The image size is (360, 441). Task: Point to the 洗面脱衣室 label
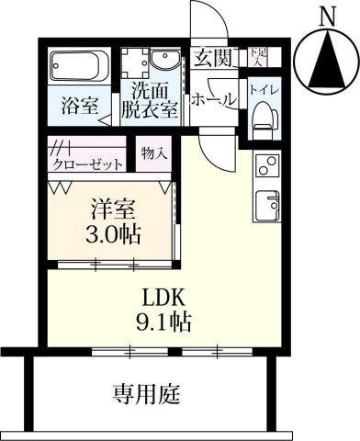[152, 100]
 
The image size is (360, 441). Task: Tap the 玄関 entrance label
[211, 60]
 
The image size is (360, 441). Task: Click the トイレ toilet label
[264, 91]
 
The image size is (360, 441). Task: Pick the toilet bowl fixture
[264, 115]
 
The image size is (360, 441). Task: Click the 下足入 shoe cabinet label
[258, 58]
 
